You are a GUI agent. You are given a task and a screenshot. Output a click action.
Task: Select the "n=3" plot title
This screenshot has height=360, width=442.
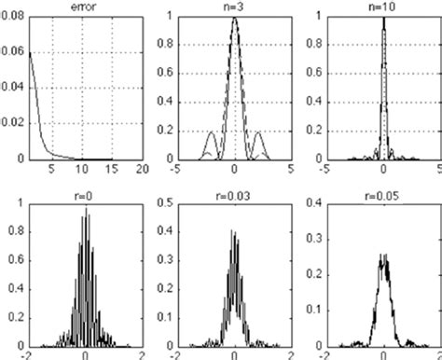(234, 6)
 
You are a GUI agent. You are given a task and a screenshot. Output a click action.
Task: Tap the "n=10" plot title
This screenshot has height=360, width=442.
(383, 6)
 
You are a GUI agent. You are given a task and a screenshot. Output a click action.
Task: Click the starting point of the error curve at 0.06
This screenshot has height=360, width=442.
(29, 53)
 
